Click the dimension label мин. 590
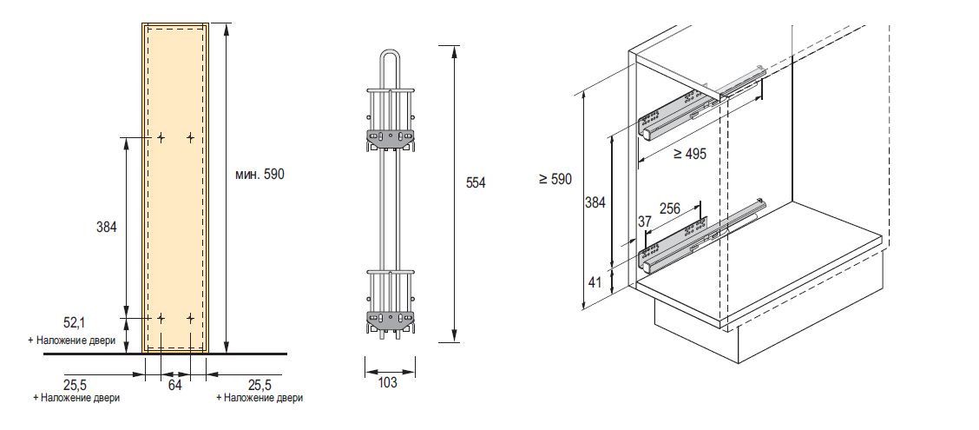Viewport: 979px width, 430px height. click(x=260, y=175)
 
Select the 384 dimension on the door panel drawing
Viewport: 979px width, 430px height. click(x=106, y=227)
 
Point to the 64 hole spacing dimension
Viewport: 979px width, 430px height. click(x=174, y=385)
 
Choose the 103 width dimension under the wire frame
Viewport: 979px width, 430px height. click(x=388, y=382)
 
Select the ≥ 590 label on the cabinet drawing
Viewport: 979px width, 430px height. click(x=555, y=179)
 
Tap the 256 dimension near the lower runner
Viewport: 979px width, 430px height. click(x=670, y=208)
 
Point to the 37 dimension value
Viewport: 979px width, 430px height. click(x=644, y=222)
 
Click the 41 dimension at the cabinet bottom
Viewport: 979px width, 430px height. click(x=595, y=281)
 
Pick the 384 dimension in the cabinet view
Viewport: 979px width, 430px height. click(x=595, y=202)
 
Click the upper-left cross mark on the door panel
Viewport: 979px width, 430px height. click(x=161, y=137)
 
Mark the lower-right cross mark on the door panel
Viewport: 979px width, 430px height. click(x=190, y=318)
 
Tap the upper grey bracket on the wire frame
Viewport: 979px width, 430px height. click(x=391, y=137)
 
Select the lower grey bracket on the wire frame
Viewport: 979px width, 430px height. click(x=391, y=319)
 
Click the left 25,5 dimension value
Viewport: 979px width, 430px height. click(x=76, y=384)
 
